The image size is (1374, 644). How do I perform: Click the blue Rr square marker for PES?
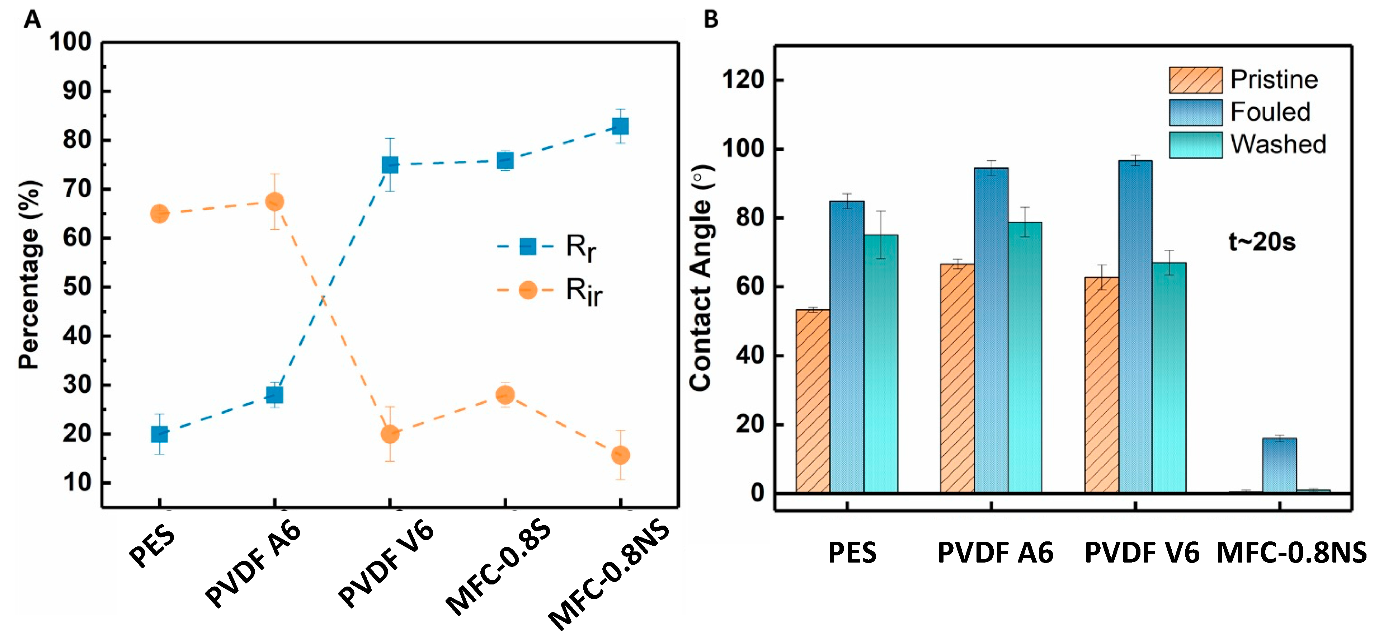pyautogui.click(x=159, y=434)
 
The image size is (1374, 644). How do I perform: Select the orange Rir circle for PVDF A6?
pyautogui.click(x=274, y=202)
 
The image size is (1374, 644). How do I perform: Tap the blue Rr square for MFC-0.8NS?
pyautogui.click(x=620, y=126)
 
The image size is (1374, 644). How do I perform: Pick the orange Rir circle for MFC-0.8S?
pyautogui.click(x=505, y=395)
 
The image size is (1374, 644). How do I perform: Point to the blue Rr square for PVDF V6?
pyautogui.click(x=390, y=165)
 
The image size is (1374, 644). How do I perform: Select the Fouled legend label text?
pyautogui.click(x=1270, y=112)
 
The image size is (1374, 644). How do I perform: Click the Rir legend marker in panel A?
pyautogui.click(x=527, y=290)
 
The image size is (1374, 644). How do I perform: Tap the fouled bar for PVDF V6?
pyautogui.click(x=1135, y=325)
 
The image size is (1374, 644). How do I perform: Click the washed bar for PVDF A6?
pyautogui.click(x=1025, y=356)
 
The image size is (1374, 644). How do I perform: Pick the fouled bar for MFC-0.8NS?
pyautogui.click(x=1279, y=465)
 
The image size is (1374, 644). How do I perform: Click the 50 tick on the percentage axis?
pyautogui.click(x=77, y=287)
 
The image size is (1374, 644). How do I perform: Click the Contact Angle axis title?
pyautogui.click(x=700, y=277)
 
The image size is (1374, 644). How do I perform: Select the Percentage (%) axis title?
pyautogui.click(x=29, y=275)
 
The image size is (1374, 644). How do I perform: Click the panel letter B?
pyautogui.click(x=711, y=19)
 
